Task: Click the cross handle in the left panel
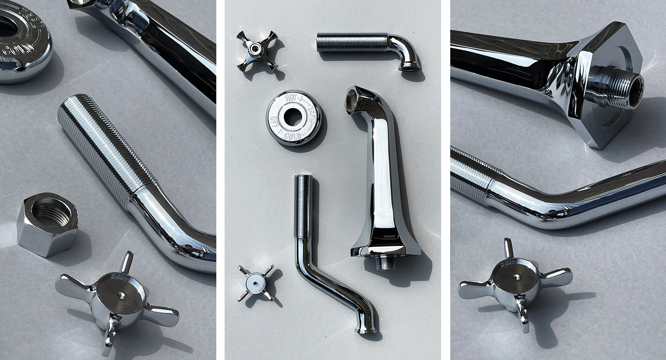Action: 115,287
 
